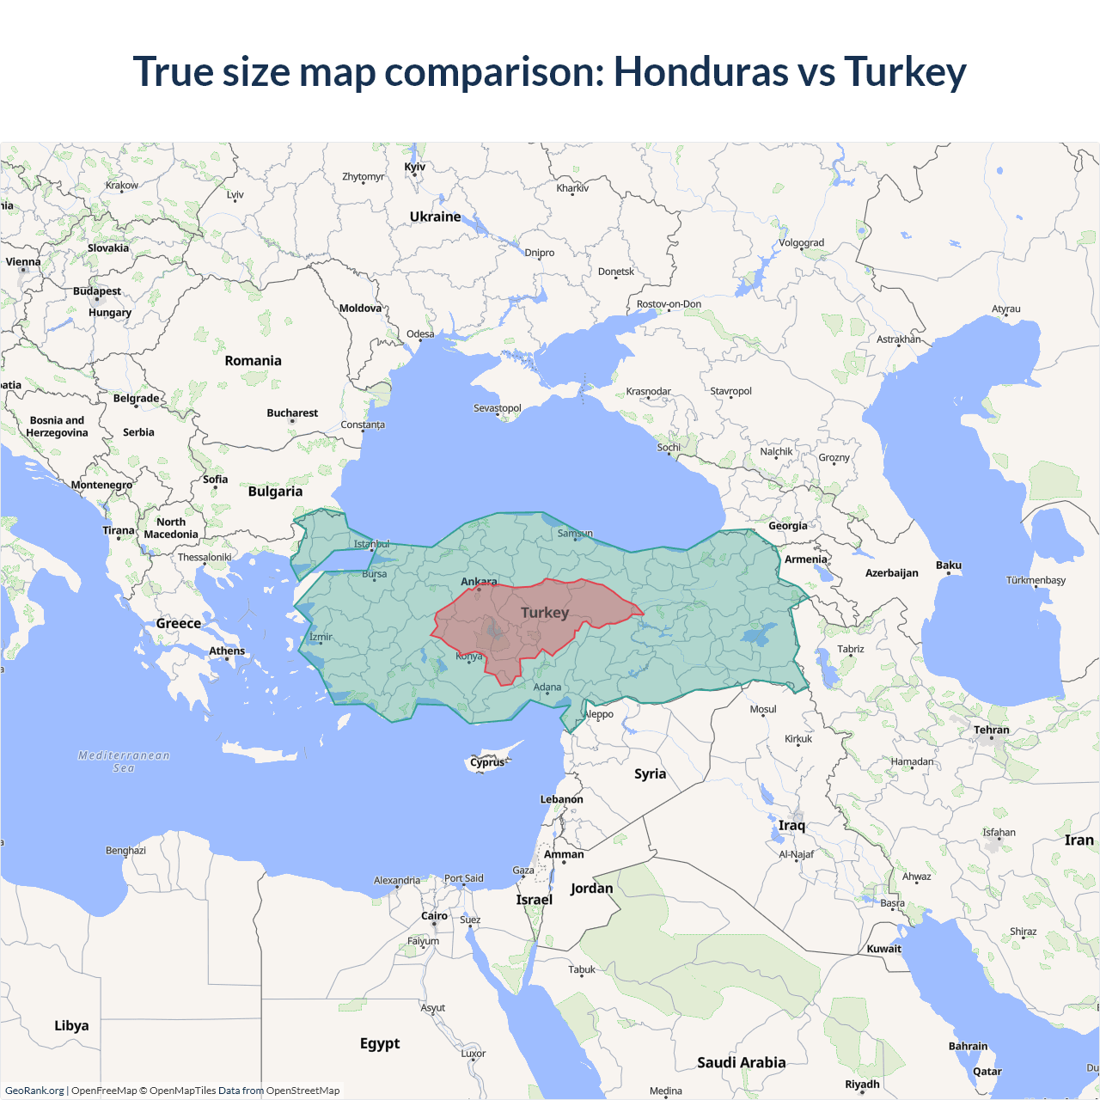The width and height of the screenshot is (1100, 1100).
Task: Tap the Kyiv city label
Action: click(x=414, y=167)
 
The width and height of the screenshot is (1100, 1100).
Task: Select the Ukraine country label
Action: click(x=435, y=217)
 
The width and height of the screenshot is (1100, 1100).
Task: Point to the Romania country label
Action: click(x=253, y=361)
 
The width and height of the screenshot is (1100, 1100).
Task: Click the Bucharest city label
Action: click(x=292, y=413)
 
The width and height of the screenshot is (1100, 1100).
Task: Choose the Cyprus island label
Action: click(x=487, y=762)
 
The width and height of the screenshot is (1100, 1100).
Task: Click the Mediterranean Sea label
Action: click(x=124, y=761)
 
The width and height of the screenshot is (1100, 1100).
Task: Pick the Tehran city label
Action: click(x=991, y=730)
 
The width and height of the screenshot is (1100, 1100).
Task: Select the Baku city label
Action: click(x=948, y=565)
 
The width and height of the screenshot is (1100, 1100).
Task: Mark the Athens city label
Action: click(x=227, y=651)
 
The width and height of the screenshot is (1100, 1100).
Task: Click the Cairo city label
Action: click(x=434, y=916)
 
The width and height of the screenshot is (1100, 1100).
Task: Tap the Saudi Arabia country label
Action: click(x=741, y=1062)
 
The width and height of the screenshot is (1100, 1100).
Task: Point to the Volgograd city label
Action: click(x=801, y=242)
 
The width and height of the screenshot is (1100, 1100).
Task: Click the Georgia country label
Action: click(x=787, y=526)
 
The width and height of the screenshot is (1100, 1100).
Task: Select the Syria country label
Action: click(x=650, y=773)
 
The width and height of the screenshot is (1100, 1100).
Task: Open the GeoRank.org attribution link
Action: click(x=34, y=1091)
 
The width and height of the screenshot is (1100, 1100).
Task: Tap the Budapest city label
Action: click(x=96, y=291)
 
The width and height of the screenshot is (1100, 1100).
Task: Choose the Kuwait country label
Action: click(x=883, y=949)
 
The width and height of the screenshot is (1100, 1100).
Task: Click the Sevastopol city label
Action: click(x=497, y=408)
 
